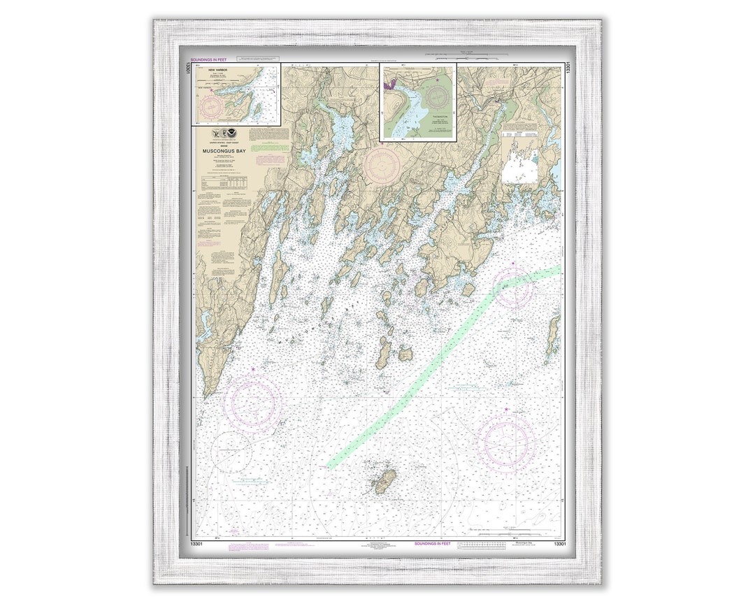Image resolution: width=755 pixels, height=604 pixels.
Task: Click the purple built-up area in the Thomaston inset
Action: coord(389,85)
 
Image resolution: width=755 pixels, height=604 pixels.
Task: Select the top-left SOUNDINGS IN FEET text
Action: coord(210,60)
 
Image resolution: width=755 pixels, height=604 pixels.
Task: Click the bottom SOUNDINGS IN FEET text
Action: coord(432,543)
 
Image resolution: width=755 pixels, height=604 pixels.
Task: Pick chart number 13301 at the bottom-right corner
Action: coord(559,543)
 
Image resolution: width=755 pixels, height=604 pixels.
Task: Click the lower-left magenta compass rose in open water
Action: coord(252,403)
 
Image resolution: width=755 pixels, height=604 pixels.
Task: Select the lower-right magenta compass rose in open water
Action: coord(508,444)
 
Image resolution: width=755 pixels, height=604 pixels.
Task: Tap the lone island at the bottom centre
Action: coord(384,481)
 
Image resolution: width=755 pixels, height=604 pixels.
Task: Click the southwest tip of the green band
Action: coord(331,465)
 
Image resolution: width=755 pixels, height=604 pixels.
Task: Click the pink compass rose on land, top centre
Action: coord(382,164)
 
